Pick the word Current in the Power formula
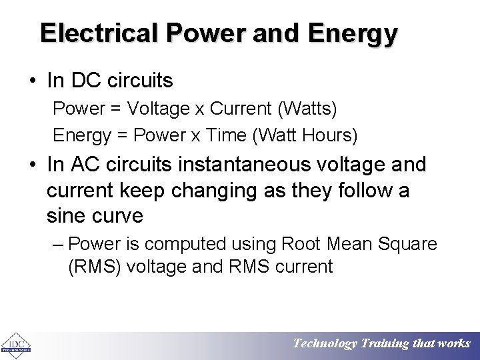pos(237,107)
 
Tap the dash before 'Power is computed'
pos(58,244)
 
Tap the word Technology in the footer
pos(325,344)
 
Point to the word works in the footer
pos(454,344)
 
